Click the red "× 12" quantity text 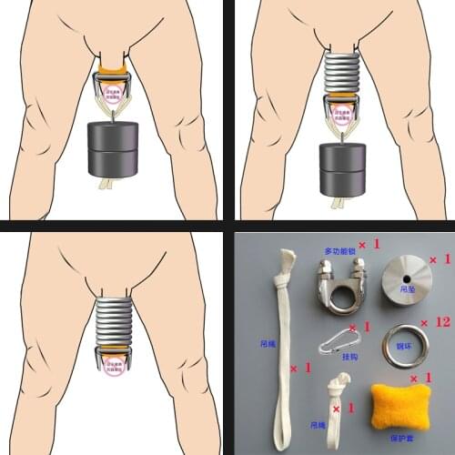439,322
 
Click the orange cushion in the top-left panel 114,73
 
